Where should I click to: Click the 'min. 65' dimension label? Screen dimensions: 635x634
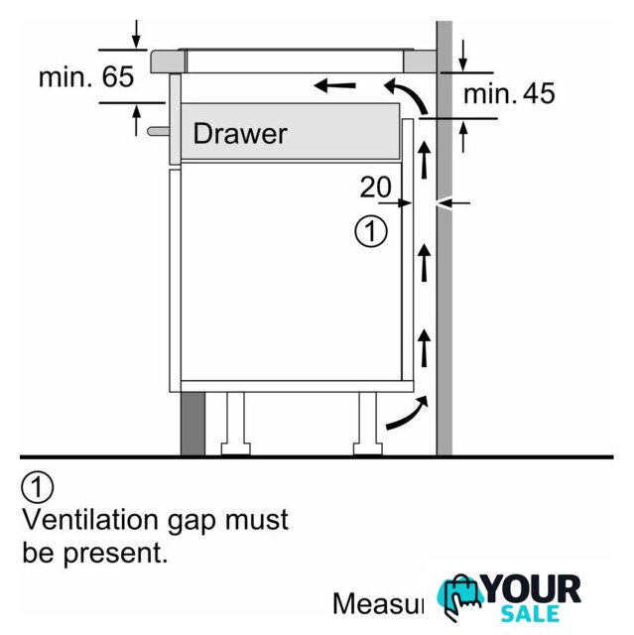(x=85, y=77)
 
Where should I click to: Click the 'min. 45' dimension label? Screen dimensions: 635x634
(x=509, y=94)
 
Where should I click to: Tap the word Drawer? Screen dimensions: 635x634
(x=239, y=133)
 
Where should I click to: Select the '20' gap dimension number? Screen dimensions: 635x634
(x=375, y=187)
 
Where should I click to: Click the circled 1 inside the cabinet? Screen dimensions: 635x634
(x=370, y=233)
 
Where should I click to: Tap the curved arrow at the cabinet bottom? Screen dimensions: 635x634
(x=408, y=414)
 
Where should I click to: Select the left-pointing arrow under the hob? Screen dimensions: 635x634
(x=335, y=86)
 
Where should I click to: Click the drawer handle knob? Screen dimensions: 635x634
(x=157, y=129)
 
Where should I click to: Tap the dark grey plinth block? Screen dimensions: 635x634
(x=191, y=422)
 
